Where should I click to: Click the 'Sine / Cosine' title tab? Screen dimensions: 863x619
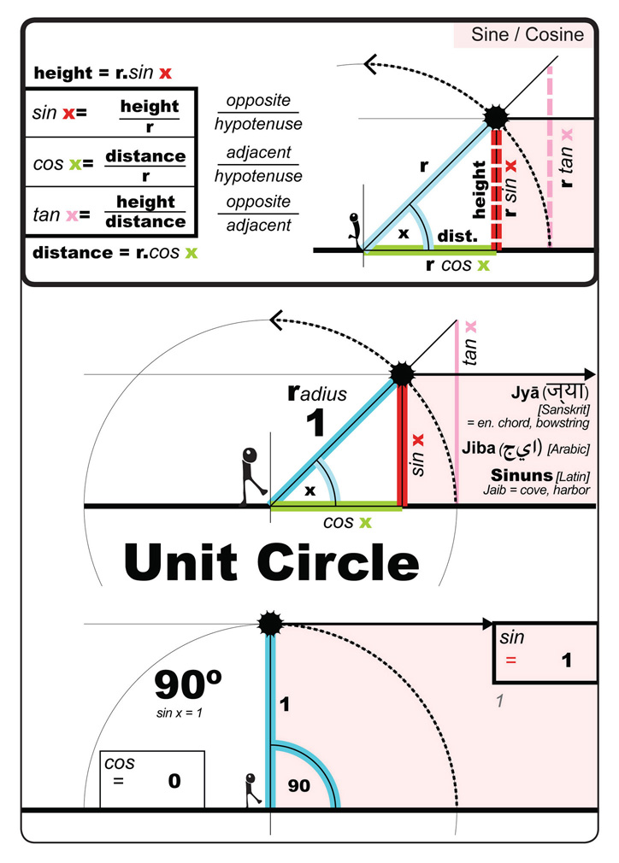coord(528,35)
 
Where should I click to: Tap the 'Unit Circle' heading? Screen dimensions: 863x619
coord(272,561)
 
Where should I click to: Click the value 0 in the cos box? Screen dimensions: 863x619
coord(174,780)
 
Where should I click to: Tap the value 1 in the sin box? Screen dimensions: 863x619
coord(565,660)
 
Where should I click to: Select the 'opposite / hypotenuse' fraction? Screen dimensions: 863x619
coord(258,112)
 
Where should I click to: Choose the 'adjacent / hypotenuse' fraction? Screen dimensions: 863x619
coord(258,164)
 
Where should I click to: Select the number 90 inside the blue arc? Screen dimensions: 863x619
coord(299,785)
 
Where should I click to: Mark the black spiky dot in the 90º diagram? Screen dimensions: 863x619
coord(270,625)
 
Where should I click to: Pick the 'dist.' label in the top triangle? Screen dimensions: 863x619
coord(454,236)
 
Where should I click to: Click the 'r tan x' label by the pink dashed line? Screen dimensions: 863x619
coord(567,159)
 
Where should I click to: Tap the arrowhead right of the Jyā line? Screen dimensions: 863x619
coord(588,374)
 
